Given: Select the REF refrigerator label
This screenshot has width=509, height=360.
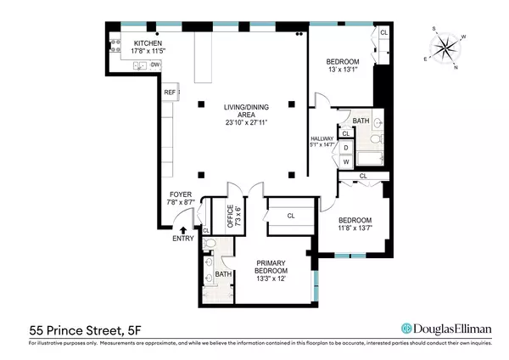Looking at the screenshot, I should (169, 92).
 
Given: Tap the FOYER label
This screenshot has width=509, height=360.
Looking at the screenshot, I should (181, 194).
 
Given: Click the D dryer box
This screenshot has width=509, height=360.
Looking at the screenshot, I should (346, 147).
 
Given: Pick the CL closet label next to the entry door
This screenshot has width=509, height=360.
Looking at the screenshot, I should (206, 230).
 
